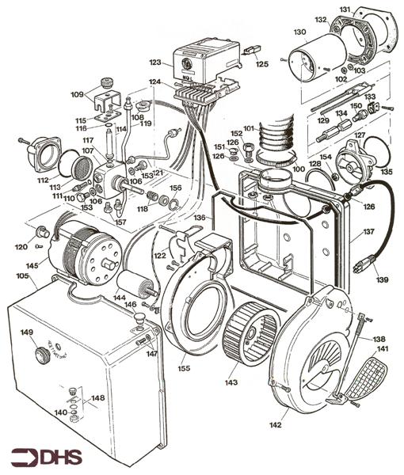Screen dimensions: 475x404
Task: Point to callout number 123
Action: [154, 61]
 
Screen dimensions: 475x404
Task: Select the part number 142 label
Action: [275, 425]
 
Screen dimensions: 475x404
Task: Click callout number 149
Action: [26, 332]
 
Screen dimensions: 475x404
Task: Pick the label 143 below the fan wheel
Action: [231, 382]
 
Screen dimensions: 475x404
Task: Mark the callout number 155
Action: [184, 369]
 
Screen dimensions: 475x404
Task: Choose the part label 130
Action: [299, 32]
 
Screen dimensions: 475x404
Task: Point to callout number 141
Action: [383, 349]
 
